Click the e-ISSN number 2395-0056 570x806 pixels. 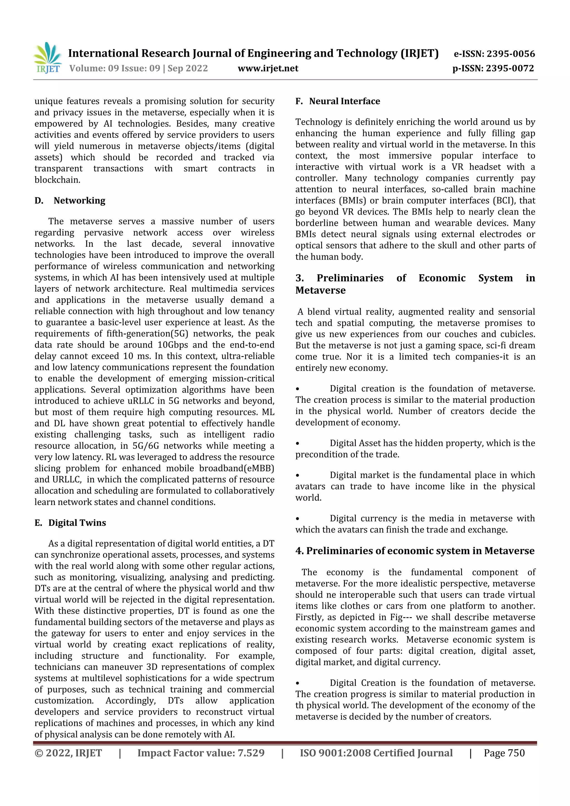510,54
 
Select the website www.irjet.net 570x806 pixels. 268,68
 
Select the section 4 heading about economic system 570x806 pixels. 415,551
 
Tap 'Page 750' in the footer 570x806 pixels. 504,753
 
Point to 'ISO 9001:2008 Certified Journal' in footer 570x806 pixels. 376,753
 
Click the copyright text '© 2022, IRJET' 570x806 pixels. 68,753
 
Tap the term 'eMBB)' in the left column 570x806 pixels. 261,468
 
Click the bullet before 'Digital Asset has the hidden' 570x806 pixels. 298,443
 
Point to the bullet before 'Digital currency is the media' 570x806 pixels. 298,519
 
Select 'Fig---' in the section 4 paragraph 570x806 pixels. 401,617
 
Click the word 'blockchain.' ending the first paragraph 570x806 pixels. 57,180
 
